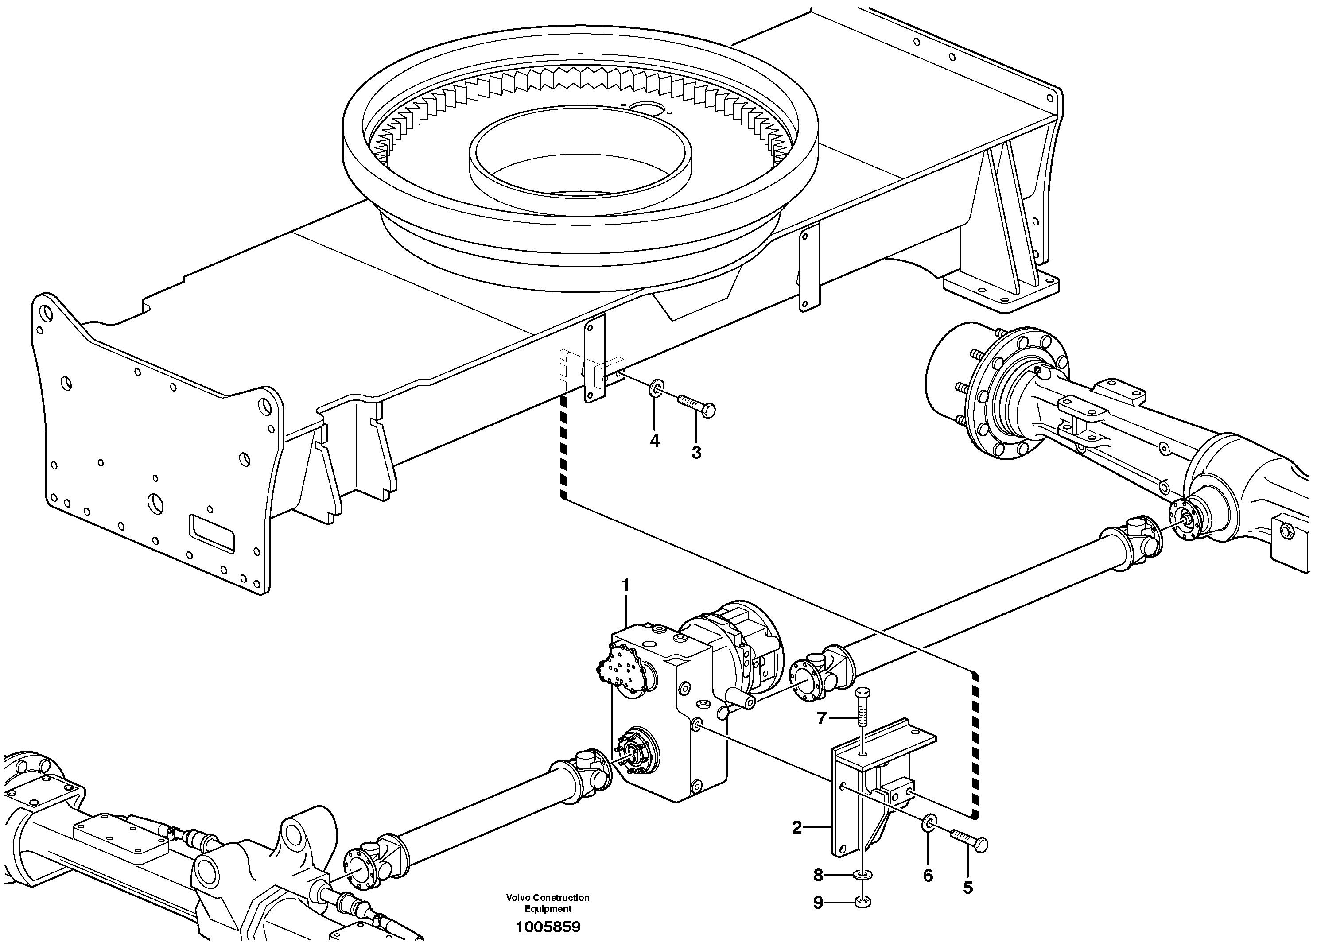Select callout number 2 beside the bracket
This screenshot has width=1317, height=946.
click(796, 828)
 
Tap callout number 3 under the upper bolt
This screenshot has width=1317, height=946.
click(696, 453)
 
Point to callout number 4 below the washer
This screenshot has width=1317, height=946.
click(654, 442)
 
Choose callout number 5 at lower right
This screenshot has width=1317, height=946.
click(967, 888)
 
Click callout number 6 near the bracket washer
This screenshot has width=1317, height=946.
click(928, 876)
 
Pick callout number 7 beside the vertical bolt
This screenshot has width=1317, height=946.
click(822, 719)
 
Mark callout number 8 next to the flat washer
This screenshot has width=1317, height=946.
click(818, 875)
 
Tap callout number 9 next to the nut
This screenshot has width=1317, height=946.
click(818, 903)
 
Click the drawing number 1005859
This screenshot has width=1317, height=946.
click(548, 927)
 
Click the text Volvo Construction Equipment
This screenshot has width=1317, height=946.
click(548, 903)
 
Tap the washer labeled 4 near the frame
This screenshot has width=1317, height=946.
click(657, 388)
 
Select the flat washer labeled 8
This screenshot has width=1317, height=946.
click(863, 875)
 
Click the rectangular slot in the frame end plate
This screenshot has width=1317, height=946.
click(211, 532)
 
